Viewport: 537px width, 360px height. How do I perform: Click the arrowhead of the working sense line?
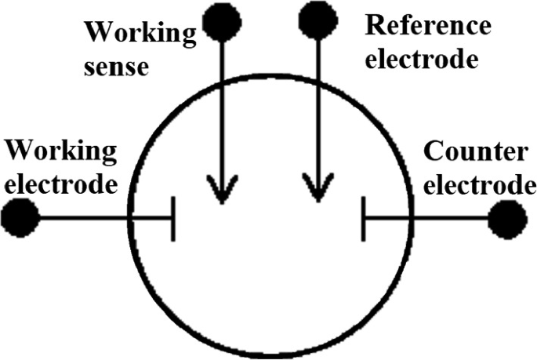click(222, 193)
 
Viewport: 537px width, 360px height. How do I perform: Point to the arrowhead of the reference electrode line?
click(317, 193)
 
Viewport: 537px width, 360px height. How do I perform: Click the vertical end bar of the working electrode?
click(172, 218)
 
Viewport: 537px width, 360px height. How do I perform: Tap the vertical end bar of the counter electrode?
click(364, 218)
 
